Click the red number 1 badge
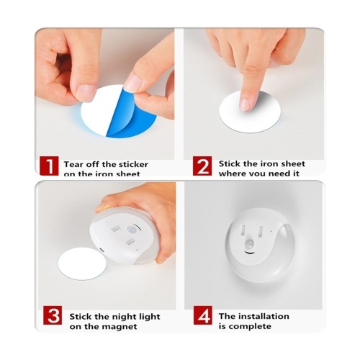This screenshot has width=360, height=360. point(49,166)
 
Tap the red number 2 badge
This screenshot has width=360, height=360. point(202,166)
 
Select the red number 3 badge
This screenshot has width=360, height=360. point(53,315)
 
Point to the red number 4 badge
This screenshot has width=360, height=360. point(203,315)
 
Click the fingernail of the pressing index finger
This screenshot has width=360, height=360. point(245,105)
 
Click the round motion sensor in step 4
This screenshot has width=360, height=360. point(251,244)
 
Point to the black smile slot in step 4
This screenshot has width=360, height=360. point(250,253)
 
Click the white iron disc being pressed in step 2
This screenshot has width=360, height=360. point(250,112)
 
